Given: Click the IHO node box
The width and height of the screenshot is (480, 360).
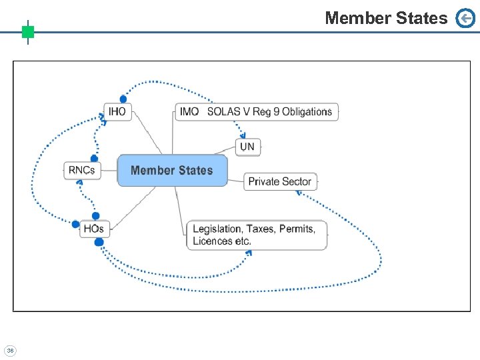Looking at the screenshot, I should (117, 111).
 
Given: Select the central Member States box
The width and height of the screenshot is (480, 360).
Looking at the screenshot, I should (172, 170).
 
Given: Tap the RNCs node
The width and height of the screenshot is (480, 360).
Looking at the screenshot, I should (82, 170).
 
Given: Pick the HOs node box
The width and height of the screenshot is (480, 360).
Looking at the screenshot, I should (94, 229).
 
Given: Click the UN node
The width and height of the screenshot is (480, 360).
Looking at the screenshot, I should (247, 146).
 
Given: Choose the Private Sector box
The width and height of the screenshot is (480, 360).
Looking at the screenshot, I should (280, 181).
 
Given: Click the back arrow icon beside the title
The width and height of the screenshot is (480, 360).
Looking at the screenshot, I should (465, 19).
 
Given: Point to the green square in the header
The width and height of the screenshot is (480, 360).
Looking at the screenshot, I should (27, 31).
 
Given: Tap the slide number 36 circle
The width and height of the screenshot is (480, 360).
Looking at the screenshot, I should (10, 350).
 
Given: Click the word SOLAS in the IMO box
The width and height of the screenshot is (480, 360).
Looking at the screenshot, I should (224, 111).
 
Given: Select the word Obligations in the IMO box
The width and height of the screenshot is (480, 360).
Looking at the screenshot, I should (307, 111).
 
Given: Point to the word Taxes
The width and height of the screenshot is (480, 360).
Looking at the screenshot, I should (260, 229).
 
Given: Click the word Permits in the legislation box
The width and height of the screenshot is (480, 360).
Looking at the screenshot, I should (297, 229).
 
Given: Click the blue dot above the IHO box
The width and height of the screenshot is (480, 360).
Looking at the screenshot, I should (123, 99).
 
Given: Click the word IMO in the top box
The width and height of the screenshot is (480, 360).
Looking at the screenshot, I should (189, 111).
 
